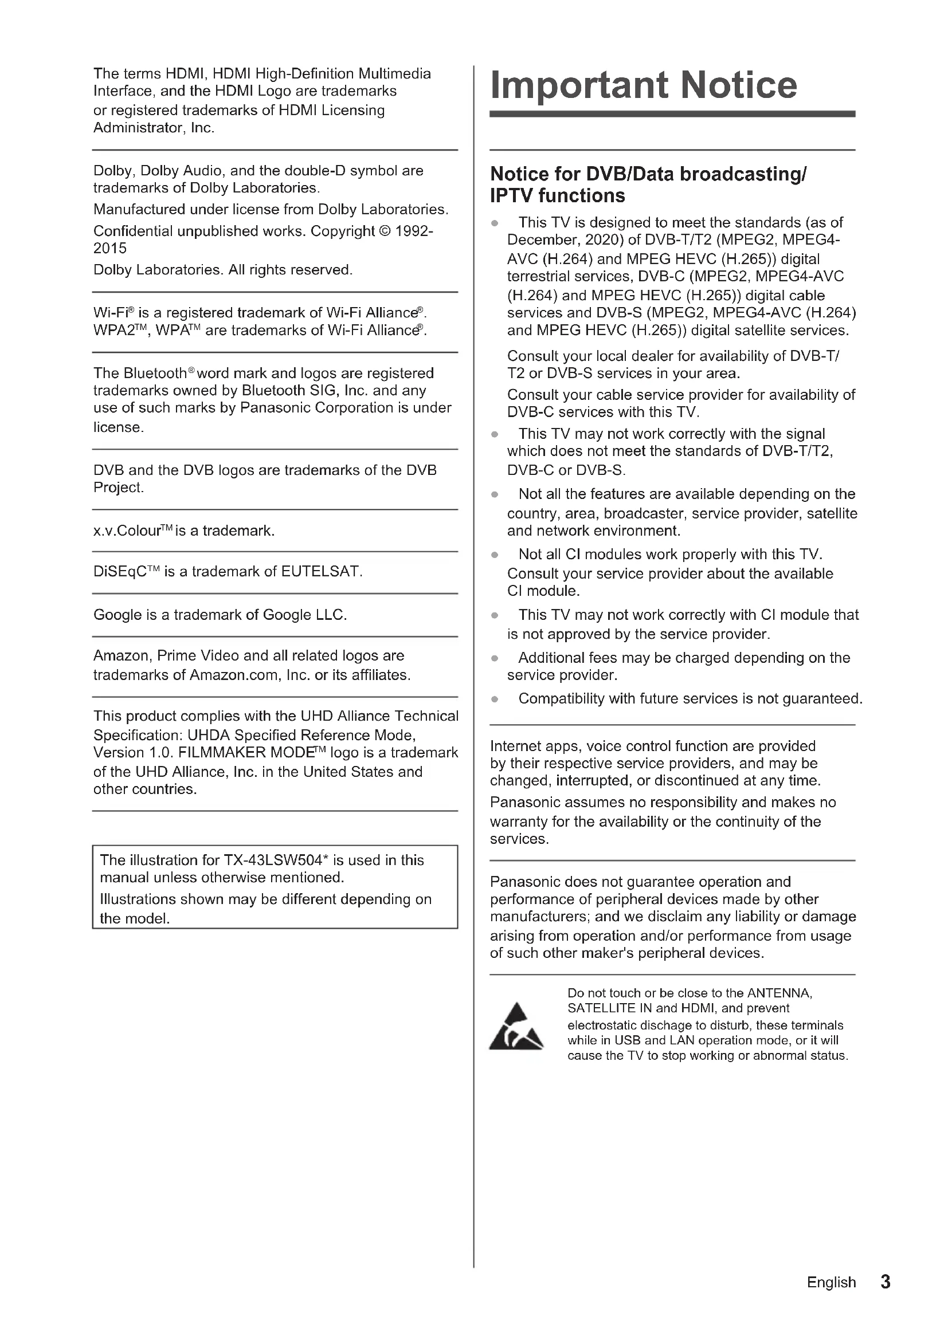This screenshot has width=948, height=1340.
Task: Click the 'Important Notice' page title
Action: click(x=643, y=85)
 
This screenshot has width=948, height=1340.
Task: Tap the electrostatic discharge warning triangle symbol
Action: click(x=516, y=1027)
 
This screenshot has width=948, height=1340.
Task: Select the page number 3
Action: click(x=885, y=1282)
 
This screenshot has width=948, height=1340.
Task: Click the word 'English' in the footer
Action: click(x=831, y=1283)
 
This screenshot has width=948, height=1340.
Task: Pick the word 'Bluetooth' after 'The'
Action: click(x=155, y=374)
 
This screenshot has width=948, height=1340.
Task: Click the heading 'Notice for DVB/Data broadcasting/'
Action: click(x=648, y=174)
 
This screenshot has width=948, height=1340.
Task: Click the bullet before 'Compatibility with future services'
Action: click(x=495, y=699)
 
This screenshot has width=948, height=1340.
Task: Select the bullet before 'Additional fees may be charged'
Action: click(x=495, y=658)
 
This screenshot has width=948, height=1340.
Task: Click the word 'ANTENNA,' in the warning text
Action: click(x=779, y=993)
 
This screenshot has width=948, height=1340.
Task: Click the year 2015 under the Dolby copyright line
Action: click(x=109, y=249)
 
